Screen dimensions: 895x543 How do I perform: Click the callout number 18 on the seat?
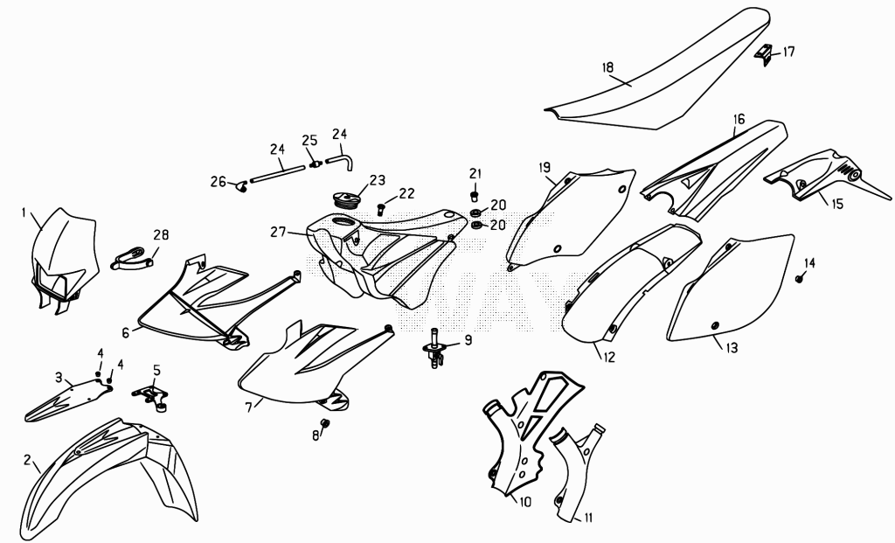point(607,67)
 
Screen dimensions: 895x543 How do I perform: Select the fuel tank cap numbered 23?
point(348,200)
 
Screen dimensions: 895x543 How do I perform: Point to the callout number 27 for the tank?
point(278,233)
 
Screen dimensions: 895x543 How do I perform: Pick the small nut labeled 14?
point(799,278)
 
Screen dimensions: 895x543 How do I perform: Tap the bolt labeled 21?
point(474,197)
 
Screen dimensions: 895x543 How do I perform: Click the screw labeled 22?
point(381,209)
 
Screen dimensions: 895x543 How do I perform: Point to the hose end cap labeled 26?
point(242,185)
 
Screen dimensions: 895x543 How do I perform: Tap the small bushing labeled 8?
point(326,424)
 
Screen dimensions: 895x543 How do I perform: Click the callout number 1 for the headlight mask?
point(24,213)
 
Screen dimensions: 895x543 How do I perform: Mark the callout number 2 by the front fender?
point(27,460)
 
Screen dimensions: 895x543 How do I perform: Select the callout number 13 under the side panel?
point(732,347)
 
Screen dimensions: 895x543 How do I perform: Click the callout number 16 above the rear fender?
point(739,119)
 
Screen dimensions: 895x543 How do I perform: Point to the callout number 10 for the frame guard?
point(524,502)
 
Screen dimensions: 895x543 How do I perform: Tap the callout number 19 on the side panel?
point(545,167)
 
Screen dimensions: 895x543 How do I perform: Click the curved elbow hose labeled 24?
point(343,157)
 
